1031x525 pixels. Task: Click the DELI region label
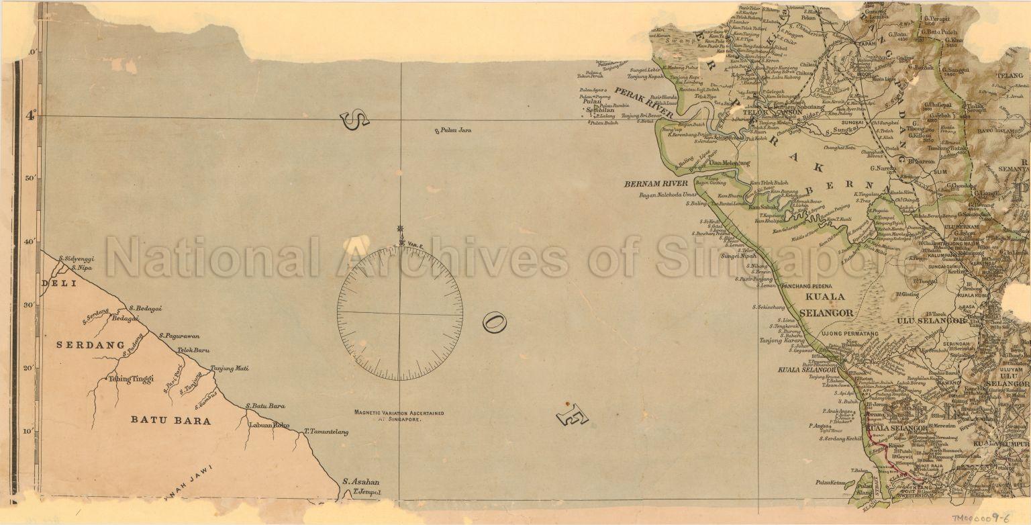click(x=59, y=283)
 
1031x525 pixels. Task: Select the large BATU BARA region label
click(x=170, y=421)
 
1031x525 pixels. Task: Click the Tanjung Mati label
click(x=230, y=368)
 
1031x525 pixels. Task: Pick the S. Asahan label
click(x=360, y=481)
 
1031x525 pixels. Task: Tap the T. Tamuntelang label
click(x=326, y=432)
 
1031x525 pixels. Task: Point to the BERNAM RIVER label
click(x=656, y=183)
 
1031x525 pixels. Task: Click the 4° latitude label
click(x=30, y=115)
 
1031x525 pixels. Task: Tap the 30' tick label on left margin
click(x=29, y=305)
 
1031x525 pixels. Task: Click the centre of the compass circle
click(x=400, y=313)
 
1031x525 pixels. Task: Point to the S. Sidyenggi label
click(x=76, y=258)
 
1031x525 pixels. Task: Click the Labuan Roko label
click(x=268, y=425)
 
